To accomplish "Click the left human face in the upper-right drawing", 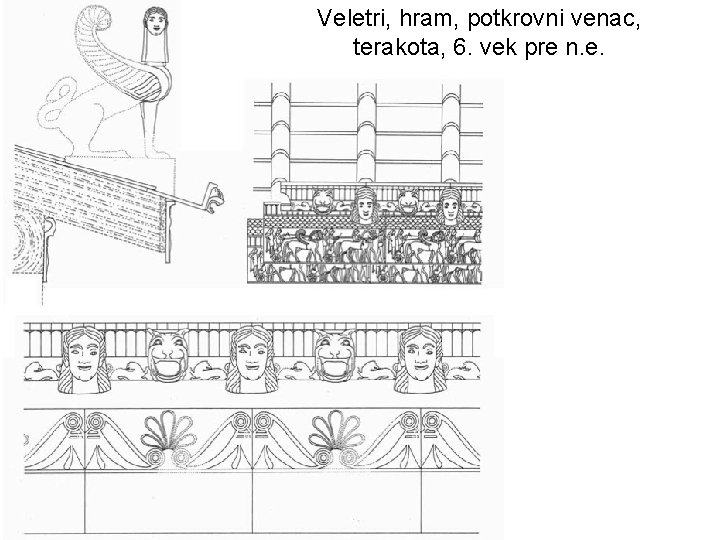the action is [x=365, y=209].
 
